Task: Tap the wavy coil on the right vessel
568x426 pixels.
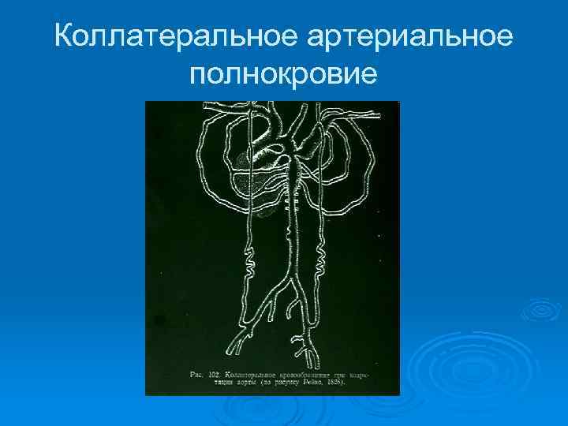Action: pyautogui.click(x=321, y=256)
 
